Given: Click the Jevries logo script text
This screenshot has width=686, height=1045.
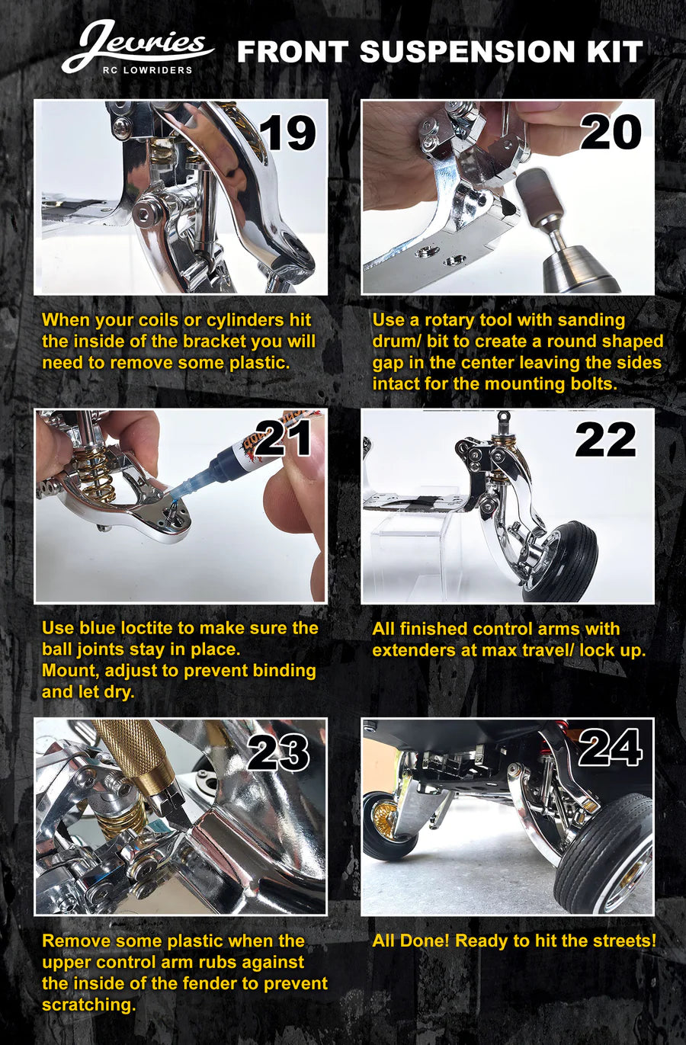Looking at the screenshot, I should point(137,44).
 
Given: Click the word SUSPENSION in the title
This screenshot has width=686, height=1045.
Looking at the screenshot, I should point(467,52).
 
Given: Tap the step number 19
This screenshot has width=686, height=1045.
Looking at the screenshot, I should point(287,134).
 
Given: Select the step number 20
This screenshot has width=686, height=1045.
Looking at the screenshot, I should point(611,133).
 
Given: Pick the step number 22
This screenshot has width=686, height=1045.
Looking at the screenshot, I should point(605,440).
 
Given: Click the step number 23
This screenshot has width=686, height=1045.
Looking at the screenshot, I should point(278,752).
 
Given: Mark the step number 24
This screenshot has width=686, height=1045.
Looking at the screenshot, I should point(610,748).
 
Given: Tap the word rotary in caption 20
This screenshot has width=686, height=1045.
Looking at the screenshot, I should point(450,320).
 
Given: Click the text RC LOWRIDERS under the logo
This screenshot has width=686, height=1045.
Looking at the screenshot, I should point(147,70).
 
